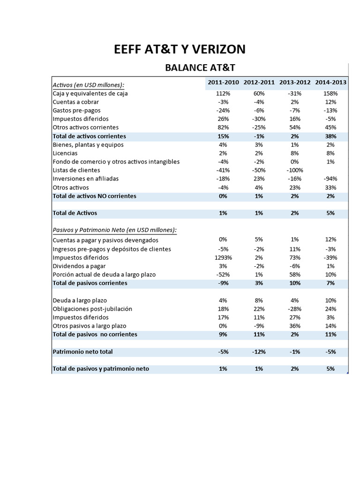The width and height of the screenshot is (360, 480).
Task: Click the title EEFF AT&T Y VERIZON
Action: click(180, 49)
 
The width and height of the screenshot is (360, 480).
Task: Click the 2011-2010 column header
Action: click(223, 82)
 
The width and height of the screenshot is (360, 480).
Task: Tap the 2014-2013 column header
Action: click(330, 82)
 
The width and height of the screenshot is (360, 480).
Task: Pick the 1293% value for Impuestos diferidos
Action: click(223, 257)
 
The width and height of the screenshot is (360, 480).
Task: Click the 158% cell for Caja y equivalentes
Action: click(330, 93)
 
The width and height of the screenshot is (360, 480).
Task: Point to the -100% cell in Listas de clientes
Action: click(295, 170)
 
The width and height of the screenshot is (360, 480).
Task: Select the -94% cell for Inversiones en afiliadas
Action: click(330, 179)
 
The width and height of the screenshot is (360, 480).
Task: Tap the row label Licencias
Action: click(65, 153)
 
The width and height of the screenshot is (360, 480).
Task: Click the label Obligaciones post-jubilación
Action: click(92, 308)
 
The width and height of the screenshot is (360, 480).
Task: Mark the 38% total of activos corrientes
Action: click(330, 136)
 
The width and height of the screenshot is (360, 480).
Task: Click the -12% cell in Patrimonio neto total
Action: click(259, 351)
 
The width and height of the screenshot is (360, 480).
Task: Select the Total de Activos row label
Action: click(75, 213)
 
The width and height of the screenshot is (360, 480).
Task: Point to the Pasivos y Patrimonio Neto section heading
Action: click(115, 230)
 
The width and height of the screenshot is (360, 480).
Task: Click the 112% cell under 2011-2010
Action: click(223, 93)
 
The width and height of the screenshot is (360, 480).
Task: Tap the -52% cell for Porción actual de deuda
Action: click(223, 274)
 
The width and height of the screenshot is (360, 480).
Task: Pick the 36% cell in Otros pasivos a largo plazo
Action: click(295, 325)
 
